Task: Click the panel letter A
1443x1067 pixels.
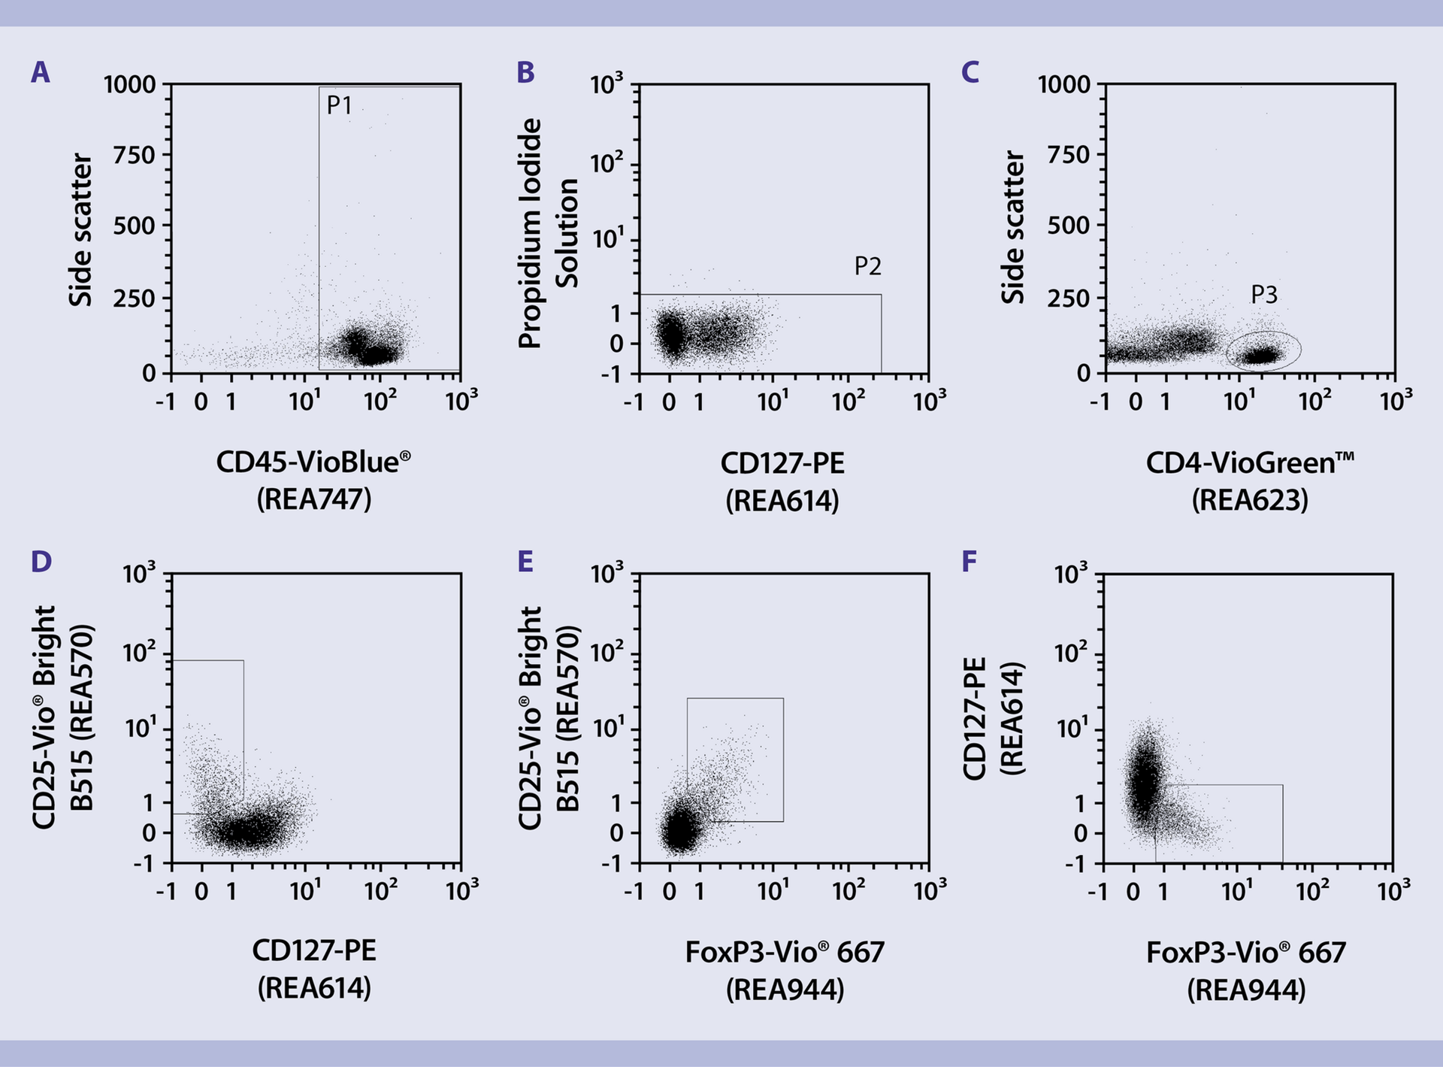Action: [x=41, y=73]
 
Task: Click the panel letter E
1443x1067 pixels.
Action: [x=525, y=562]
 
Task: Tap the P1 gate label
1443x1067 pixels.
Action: [x=340, y=105]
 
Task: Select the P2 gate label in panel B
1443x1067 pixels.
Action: [x=867, y=266]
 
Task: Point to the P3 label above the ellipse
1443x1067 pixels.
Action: [x=1264, y=295]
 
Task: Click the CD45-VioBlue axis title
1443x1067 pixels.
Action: [x=313, y=462]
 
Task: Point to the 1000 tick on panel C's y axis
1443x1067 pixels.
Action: [x=1063, y=84]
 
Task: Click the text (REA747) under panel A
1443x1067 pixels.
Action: [x=314, y=499]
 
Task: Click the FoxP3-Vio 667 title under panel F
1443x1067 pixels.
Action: [x=1245, y=953]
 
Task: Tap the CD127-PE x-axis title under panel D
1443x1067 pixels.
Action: [x=314, y=951]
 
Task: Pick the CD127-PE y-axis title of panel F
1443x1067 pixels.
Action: [x=974, y=718]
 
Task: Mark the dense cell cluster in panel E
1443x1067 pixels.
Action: [x=679, y=830]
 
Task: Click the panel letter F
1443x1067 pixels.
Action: [x=970, y=562]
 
